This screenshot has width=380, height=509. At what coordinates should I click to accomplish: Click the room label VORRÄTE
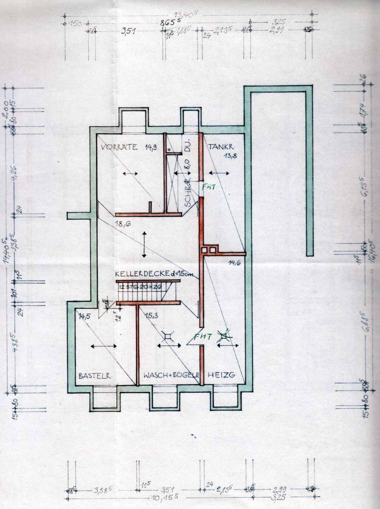(119, 147)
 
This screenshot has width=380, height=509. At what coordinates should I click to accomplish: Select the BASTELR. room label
(95, 376)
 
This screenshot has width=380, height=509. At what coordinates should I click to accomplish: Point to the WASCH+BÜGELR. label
(171, 375)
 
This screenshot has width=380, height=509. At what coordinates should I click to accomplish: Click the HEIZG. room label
(221, 375)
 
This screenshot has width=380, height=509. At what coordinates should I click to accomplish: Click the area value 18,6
(122, 224)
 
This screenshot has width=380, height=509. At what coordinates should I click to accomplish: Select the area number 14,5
(85, 316)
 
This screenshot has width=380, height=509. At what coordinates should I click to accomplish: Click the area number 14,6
(234, 263)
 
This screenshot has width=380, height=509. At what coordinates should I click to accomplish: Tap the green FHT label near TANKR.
(209, 188)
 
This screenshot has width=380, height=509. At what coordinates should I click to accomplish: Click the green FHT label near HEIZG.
(204, 337)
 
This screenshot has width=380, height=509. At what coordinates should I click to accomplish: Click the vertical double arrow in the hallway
(144, 244)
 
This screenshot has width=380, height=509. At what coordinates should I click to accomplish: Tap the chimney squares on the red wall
(209, 250)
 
